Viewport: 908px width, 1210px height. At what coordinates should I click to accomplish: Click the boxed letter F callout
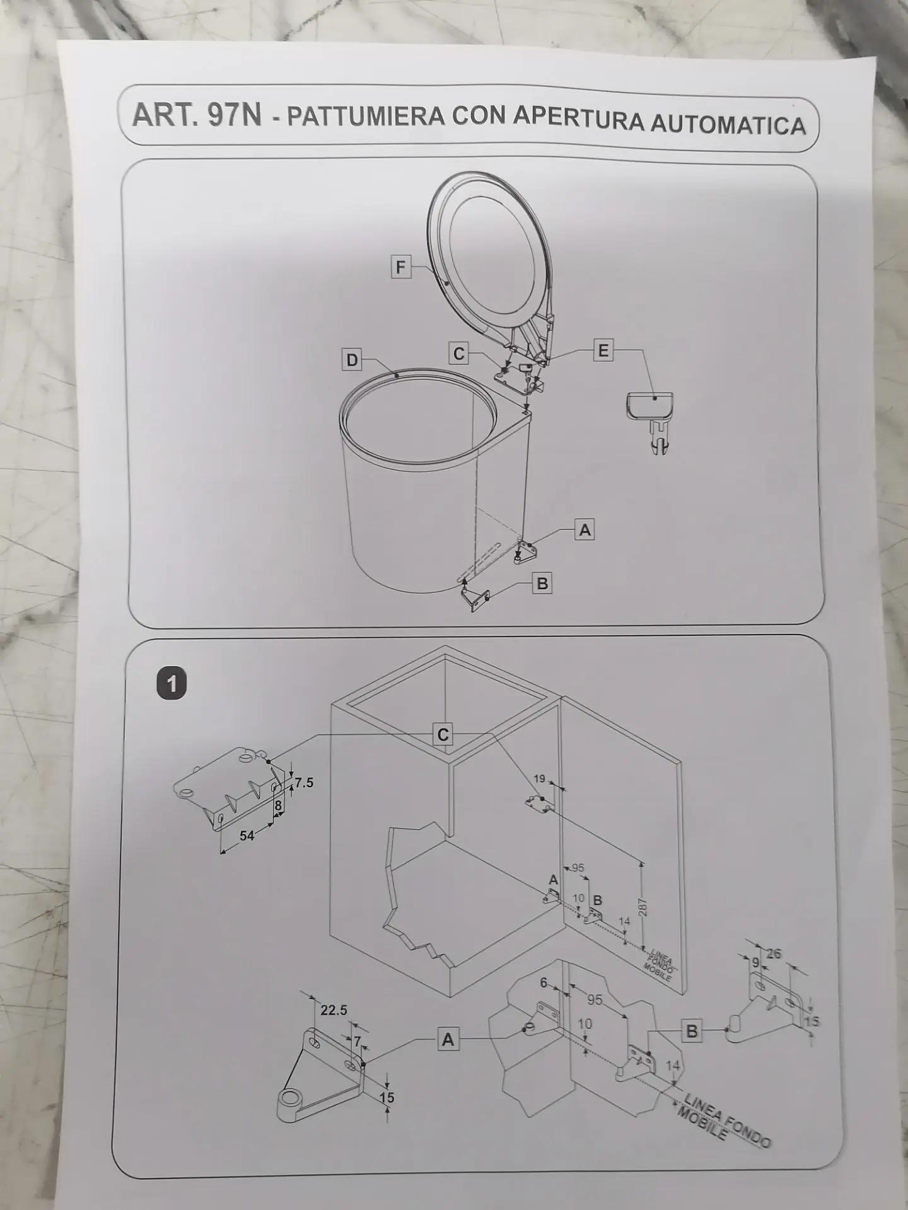point(400,267)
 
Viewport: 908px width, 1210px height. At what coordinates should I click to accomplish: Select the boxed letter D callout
point(352,360)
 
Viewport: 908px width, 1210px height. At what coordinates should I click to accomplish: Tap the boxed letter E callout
point(603,350)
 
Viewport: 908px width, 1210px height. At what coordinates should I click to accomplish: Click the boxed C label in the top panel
point(459,354)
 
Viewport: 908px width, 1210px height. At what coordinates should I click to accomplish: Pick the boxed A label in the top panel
point(585,530)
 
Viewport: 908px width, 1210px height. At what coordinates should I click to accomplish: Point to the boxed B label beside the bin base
point(542,584)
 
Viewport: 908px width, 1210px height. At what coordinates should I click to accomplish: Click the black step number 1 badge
point(172,684)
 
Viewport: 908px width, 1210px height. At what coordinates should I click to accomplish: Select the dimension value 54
point(247,836)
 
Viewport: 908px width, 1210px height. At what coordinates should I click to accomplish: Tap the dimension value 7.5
point(303,783)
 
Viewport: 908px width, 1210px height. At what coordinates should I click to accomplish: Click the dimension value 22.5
point(334,1010)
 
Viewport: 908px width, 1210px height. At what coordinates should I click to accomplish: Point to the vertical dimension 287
point(643,907)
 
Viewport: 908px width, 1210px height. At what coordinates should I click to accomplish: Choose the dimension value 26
point(773,954)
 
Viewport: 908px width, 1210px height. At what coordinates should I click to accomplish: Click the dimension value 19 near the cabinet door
point(539,779)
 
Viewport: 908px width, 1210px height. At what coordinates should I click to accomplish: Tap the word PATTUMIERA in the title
point(366,117)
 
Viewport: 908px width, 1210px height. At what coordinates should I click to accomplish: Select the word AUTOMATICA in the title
point(728,124)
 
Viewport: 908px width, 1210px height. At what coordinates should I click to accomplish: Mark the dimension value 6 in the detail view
point(544,982)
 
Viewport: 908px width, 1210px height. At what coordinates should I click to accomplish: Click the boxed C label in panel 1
point(444,735)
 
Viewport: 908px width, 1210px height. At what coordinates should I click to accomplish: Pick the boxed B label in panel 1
point(692,1032)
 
